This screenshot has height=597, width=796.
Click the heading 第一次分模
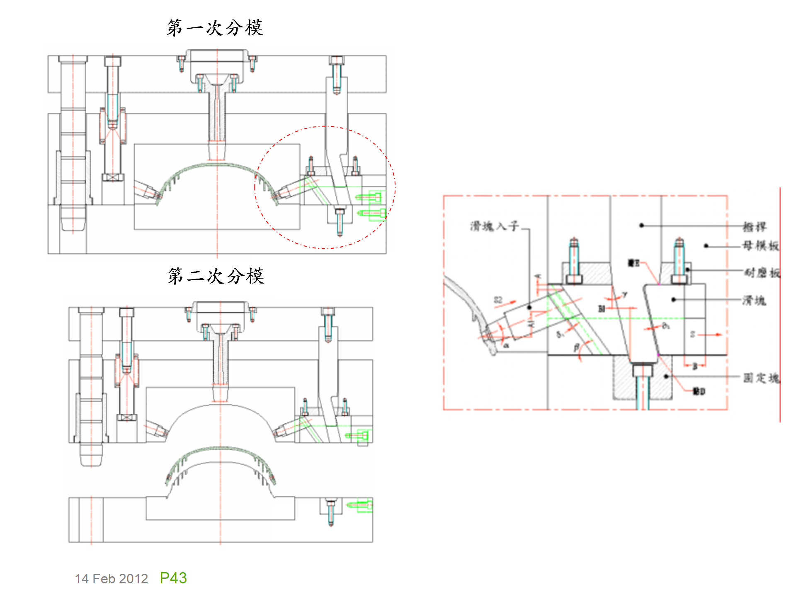[215, 28]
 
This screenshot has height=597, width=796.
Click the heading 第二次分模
[216, 276]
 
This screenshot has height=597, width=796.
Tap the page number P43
[173, 578]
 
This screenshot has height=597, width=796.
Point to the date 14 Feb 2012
[111, 579]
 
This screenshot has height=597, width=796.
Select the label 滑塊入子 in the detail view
[494, 226]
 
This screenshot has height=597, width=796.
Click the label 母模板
[760, 246]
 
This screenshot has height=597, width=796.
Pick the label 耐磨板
[762, 272]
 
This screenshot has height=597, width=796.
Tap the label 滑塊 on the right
[754, 300]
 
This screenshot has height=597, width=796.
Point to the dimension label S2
[498, 300]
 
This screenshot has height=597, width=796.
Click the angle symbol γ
[624, 295]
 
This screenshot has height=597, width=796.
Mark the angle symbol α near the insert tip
[506, 345]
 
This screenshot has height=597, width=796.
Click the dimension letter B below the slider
[695, 366]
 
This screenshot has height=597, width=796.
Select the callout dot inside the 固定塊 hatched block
[666, 376]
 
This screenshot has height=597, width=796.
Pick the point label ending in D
[699, 391]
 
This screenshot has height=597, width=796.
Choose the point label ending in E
[633, 263]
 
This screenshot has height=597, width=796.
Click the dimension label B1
[602, 308]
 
